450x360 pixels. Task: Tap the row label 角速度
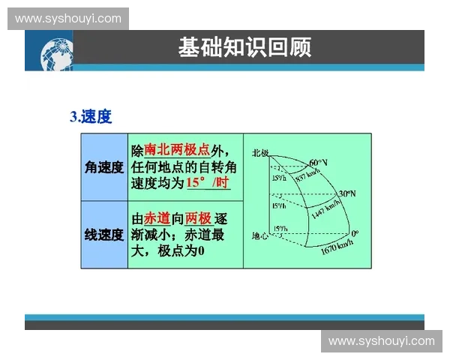pyautogui.click(x=104, y=167)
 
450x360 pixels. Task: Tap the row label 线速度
pyautogui.click(x=104, y=235)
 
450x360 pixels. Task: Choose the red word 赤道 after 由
pyautogui.click(x=156, y=218)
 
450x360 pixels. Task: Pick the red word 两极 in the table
pyautogui.click(x=199, y=218)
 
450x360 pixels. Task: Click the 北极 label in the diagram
pyautogui.click(x=260, y=152)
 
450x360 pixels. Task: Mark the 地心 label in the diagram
pyautogui.click(x=259, y=235)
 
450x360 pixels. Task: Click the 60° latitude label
pyautogui.click(x=319, y=162)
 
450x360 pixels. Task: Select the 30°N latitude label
pyautogui.click(x=346, y=193)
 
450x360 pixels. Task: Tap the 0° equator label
pyautogui.click(x=355, y=233)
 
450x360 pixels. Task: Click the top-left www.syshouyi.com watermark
pyautogui.click(x=68, y=18)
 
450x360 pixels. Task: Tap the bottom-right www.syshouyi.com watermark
pyautogui.click(x=381, y=341)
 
